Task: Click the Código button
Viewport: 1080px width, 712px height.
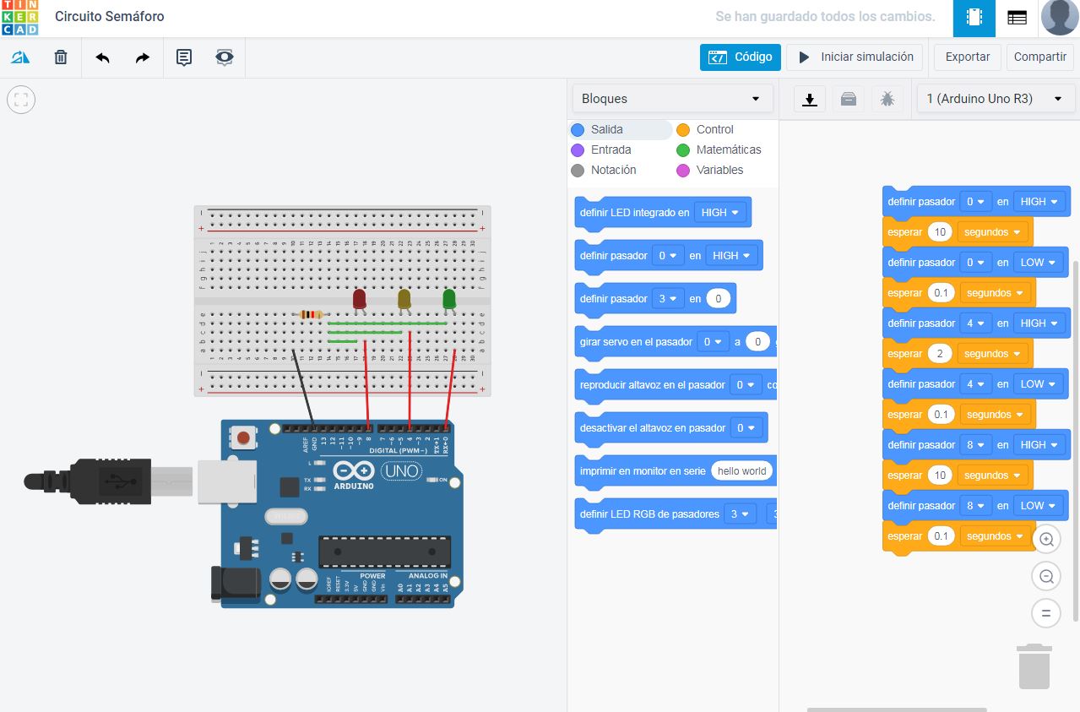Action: (740, 57)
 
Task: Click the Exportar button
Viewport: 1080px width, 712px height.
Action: (967, 57)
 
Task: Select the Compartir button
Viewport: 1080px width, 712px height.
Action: (1039, 57)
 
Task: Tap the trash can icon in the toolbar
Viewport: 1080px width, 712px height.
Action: (61, 57)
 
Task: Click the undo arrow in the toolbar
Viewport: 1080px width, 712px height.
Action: (103, 57)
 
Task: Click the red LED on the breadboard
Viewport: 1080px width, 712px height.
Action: (360, 298)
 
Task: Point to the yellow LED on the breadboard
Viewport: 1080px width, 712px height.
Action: (404, 298)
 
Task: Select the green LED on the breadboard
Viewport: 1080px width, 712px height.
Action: (449, 298)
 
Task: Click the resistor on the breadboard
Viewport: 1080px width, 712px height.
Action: (312, 314)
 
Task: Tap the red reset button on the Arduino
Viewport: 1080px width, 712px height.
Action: (244, 438)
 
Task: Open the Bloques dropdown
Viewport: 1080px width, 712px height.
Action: (672, 99)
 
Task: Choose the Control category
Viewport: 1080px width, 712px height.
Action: (714, 129)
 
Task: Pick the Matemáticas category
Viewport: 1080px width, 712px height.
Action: (728, 149)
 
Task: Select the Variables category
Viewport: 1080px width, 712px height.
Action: (719, 170)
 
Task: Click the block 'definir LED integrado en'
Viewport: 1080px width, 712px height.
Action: (634, 213)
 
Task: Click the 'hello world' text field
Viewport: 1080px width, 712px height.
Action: (741, 471)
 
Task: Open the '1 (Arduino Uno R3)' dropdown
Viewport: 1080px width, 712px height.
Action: (993, 99)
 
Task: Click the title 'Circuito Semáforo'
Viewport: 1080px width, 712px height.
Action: (110, 16)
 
